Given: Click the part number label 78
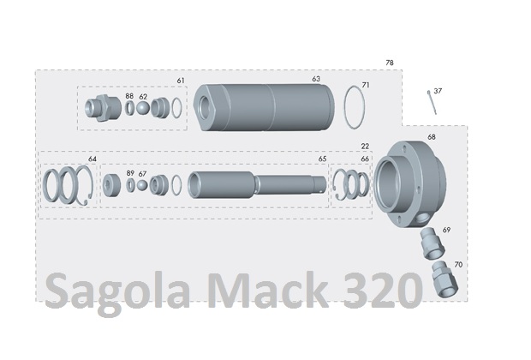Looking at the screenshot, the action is tap(390, 63).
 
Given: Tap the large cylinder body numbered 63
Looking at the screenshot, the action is tap(264, 107).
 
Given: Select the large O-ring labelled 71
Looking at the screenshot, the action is tap(355, 107).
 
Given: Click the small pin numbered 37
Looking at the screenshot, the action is tap(432, 102).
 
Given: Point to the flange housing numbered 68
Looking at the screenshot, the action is tap(409, 184).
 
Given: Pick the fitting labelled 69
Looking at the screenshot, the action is tap(433, 244).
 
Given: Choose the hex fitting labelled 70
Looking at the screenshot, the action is tap(444, 279).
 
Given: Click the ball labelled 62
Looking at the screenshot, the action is tap(143, 108).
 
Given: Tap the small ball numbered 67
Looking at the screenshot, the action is tap(142, 185).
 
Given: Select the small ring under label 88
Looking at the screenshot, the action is tap(129, 108).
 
